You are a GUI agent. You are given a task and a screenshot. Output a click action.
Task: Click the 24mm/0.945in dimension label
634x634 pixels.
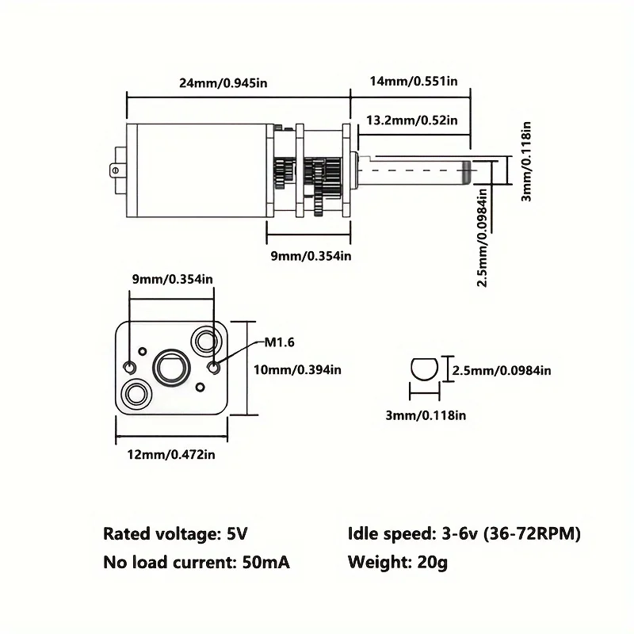click(x=223, y=83)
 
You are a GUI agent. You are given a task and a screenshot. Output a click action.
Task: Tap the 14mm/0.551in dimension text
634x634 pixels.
click(x=414, y=82)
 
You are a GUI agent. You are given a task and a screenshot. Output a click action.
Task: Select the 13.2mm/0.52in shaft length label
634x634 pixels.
click(x=412, y=120)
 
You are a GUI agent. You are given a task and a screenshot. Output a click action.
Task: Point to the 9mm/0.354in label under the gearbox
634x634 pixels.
click(x=311, y=256)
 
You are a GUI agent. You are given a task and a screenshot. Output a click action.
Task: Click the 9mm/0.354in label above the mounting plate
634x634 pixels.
click(x=173, y=279)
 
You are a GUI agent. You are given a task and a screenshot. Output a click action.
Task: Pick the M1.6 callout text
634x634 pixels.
click(x=280, y=342)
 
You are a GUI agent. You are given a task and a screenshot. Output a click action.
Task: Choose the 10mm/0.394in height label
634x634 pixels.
click(x=297, y=369)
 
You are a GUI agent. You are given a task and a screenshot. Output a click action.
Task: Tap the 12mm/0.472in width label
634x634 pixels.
click(x=171, y=454)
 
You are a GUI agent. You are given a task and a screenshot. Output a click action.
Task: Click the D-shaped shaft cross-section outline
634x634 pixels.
click(x=424, y=359)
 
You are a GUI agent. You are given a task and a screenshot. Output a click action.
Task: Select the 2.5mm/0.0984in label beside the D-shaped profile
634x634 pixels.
click(x=502, y=370)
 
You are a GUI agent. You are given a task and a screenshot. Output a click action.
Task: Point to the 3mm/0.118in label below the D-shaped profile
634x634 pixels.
click(x=426, y=415)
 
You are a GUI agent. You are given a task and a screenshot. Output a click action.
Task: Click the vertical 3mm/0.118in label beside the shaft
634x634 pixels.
click(x=526, y=162)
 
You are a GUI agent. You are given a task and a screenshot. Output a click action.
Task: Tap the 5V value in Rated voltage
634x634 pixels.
click(x=237, y=533)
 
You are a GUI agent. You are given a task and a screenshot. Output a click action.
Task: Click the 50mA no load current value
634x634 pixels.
click(x=266, y=563)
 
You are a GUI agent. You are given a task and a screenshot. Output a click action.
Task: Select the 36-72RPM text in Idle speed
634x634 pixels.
click(x=532, y=533)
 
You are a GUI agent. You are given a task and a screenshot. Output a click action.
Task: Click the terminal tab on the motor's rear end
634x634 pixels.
click(x=114, y=170)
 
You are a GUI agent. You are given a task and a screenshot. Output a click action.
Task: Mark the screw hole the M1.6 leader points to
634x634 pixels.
click(x=213, y=368)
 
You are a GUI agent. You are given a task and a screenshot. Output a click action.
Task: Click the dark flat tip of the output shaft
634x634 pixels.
click(x=467, y=170)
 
